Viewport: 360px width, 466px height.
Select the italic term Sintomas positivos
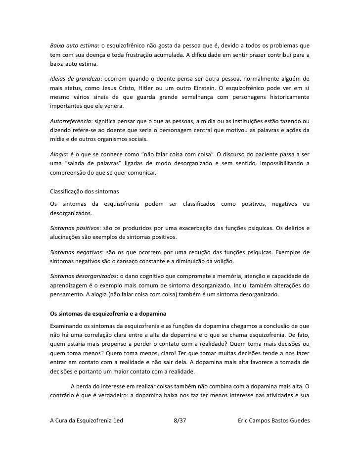pyautogui.click(x=75, y=228)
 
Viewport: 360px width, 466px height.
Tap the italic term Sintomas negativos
pyautogui.click(x=76, y=252)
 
